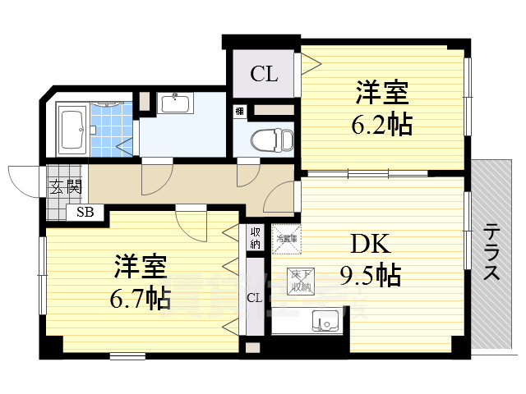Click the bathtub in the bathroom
tap(72, 127)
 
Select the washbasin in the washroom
tap(175, 104)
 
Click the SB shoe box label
tap(85, 212)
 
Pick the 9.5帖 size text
tap(370, 274)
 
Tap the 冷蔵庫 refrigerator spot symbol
tap(285, 237)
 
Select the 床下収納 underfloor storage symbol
tap(298, 282)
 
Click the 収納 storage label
tap(255, 237)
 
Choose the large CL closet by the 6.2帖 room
tap(264, 75)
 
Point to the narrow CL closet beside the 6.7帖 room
tap(254, 297)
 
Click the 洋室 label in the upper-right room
tap(383, 93)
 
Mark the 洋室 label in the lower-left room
tap(141, 268)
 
